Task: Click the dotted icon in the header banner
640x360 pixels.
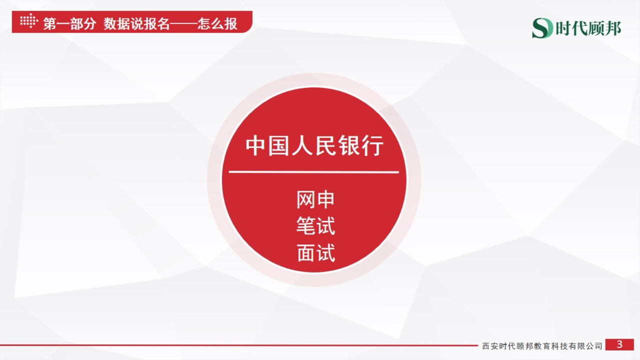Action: click(28, 21)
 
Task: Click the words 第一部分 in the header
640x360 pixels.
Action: click(69, 23)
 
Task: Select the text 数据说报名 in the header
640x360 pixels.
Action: click(136, 23)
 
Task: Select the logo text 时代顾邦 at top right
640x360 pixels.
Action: click(588, 28)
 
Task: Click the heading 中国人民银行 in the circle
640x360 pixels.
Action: click(314, 146)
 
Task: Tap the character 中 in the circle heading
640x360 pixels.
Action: click(255, 146)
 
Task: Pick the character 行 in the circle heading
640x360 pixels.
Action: click(373, 146)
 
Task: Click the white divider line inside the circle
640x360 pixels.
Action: click(314, 172)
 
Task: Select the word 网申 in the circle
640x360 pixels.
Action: click(315, 200)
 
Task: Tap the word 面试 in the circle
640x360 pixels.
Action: click(315, 253)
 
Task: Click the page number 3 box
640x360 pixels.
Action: click(619, 344)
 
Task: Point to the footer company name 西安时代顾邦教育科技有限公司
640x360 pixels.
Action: click(542, 346)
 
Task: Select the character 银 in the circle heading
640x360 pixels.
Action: click(350, 146)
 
